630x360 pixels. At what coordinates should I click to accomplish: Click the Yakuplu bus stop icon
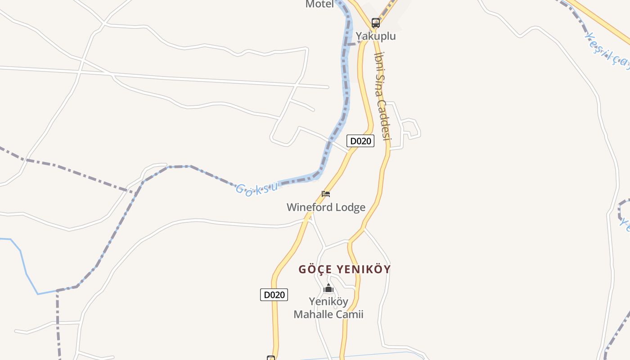[x=375, y=22]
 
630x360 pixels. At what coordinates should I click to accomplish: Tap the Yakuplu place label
[x=376, y=36]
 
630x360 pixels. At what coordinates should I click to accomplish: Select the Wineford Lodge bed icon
[x=326, y=194]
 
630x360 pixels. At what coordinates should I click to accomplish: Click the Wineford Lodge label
[x=326, y=207]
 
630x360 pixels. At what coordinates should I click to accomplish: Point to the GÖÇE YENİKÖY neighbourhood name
[x=345, y=270]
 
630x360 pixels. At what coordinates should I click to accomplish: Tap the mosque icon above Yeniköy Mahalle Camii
[x=328, y=288]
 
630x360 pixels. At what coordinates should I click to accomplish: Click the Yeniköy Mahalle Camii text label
[x=328, y=308]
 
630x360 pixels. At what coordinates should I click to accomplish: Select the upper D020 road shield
[x=360, y=141]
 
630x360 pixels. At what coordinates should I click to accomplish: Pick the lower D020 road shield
[x=274, y=295]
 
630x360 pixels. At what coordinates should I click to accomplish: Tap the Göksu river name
[x=257, y=188]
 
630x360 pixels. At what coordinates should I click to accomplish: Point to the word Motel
[x=319, y=4]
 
